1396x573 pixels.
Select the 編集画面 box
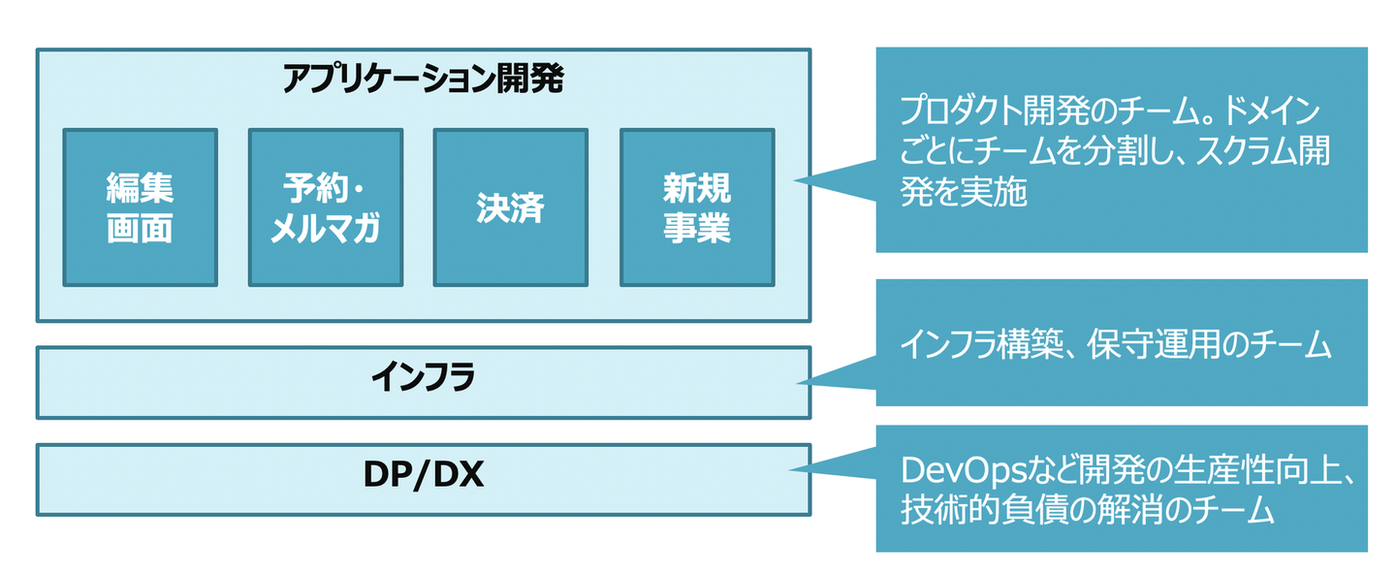140,207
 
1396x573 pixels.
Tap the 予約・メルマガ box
325,207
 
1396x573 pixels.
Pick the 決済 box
510,207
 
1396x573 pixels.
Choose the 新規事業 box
696,207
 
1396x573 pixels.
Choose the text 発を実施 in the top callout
964,193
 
